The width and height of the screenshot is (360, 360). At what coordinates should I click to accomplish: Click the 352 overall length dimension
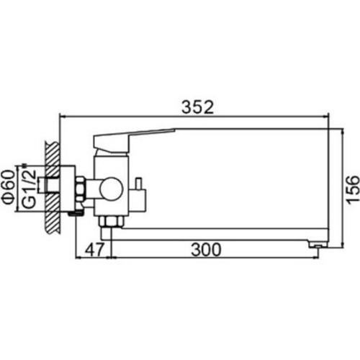(x=197, y=107)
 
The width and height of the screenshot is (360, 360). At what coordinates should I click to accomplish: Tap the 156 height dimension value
(x=353, y=189)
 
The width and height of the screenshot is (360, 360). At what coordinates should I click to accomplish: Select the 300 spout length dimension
(x=206, y=249)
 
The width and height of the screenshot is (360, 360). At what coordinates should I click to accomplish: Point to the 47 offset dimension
(x=95, y=249)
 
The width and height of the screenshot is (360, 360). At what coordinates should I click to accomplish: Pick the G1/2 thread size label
(x=29, y=188)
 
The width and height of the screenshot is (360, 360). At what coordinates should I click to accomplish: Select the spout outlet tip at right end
(x=318, y=244)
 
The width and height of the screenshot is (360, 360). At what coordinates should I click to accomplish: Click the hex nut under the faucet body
(x=111, y=221)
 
